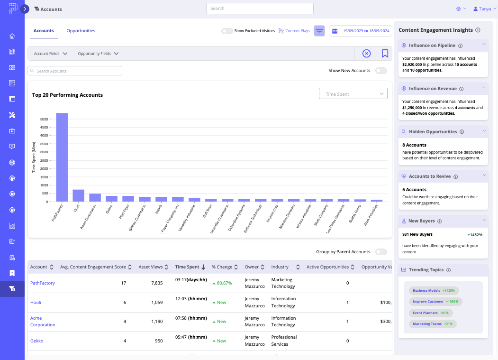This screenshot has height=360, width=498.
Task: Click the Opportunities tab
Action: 81,31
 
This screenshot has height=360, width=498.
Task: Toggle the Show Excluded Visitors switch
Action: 227,31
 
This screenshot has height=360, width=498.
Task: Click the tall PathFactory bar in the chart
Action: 62,157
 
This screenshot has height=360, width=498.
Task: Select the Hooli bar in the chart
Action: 78,195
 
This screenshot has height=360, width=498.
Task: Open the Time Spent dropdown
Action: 353,94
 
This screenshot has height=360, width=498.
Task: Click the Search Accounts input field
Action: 75,71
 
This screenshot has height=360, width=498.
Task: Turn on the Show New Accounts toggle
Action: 380,71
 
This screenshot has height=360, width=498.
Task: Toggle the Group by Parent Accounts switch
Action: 380,252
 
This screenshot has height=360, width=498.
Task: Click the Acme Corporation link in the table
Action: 43,322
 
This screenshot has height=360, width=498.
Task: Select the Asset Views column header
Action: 151,267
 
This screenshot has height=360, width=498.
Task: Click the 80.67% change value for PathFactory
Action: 222,283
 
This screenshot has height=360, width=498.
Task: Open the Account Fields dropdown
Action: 50,54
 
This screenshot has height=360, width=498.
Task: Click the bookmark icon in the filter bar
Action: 385,54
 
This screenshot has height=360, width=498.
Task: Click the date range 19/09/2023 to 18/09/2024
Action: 361,31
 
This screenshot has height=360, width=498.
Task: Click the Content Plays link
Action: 294,31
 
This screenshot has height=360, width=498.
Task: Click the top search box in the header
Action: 260,9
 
